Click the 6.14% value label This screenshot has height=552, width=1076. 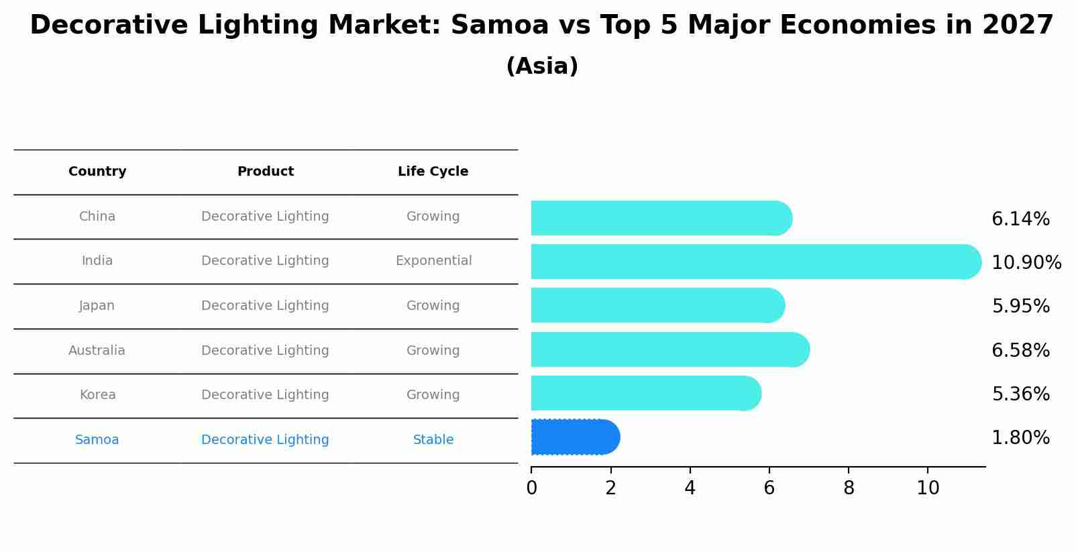[1020, 219]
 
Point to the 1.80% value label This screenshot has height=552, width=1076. [1020, 438]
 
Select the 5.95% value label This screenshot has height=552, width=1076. [1020, 307]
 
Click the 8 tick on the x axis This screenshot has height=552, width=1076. [849, 488]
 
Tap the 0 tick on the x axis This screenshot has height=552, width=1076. [531, 488]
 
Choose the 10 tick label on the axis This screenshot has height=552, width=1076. [928, 488]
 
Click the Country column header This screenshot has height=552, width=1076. [97, 172]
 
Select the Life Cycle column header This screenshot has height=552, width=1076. [433, 172]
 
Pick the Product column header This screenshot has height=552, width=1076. [265, 172]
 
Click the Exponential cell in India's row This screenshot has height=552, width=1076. [433, 261]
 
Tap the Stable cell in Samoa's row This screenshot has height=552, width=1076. [433, 440]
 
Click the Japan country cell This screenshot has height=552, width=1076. [97, 306]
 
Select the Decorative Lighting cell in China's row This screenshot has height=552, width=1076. [265, 217]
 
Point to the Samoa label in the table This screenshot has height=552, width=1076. [97, 440]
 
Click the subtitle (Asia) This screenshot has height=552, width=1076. [542, 66]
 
